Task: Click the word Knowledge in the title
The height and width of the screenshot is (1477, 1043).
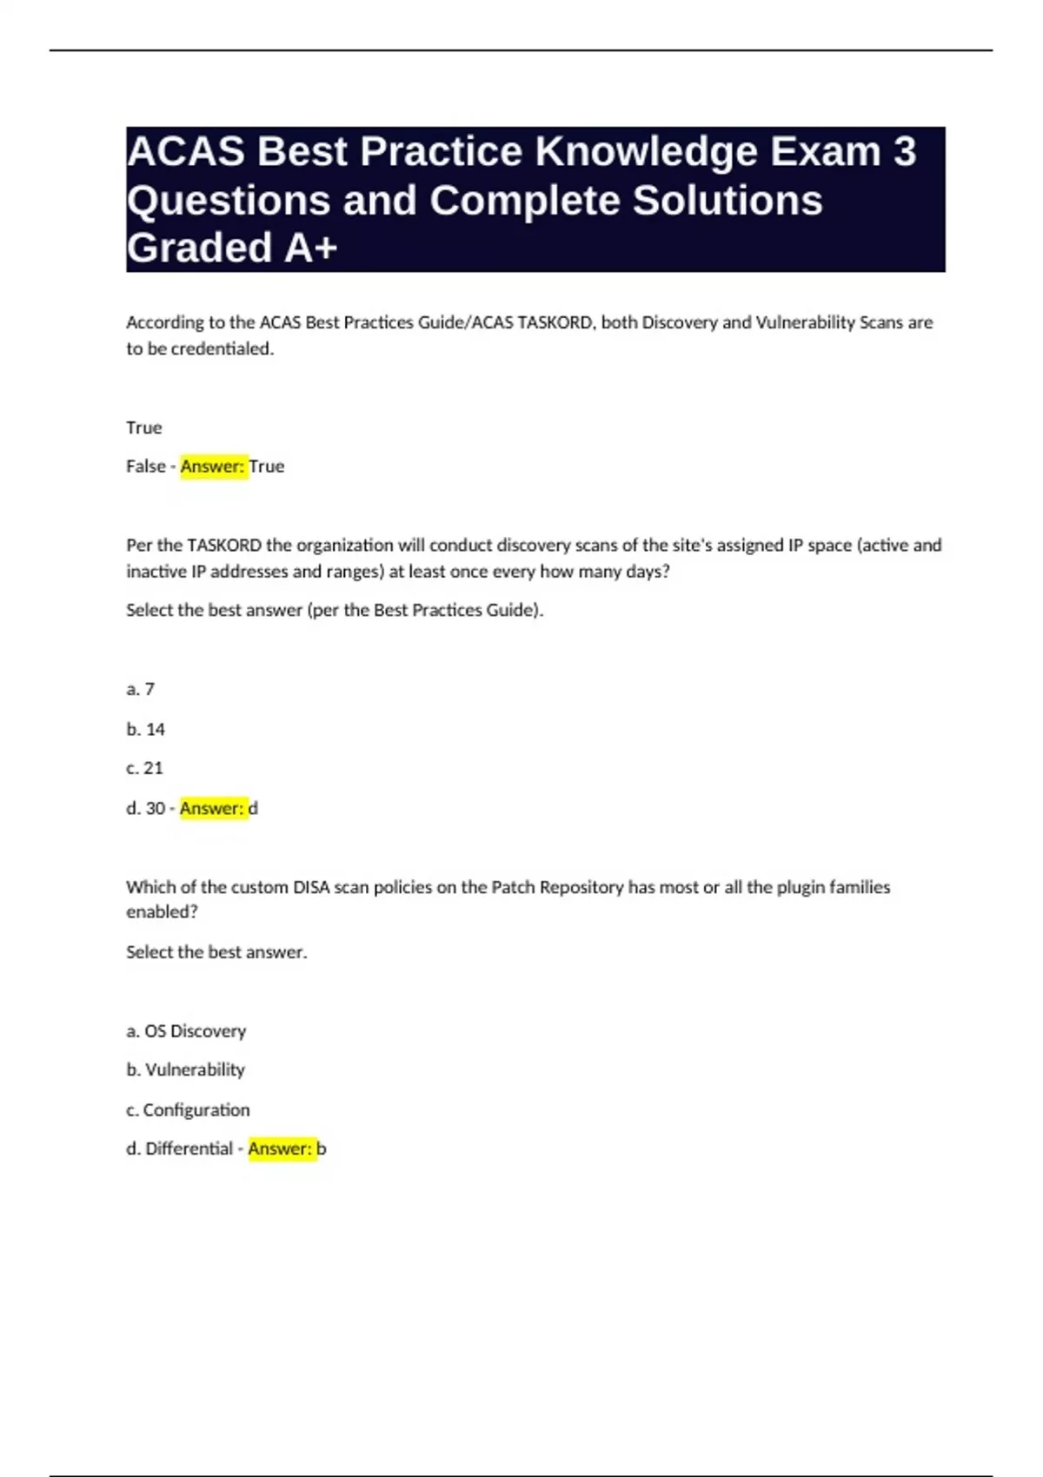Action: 646,152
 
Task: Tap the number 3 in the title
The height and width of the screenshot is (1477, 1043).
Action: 904,152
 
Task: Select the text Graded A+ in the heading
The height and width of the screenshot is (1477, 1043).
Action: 232,248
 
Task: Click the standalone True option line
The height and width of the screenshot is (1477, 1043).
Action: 144,427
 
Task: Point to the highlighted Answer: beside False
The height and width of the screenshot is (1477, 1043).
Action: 213,467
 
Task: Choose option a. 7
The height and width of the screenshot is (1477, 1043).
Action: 141,689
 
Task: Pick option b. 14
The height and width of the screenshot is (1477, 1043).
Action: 146,729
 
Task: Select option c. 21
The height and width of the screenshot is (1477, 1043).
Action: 145,768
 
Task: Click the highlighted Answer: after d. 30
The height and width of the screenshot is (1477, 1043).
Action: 212,808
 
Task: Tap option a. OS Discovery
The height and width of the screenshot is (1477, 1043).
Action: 186,1031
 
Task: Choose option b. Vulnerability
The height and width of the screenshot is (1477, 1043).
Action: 186,1070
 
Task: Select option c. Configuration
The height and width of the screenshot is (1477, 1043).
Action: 188,1109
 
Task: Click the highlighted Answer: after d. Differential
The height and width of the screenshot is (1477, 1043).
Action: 281,1149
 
